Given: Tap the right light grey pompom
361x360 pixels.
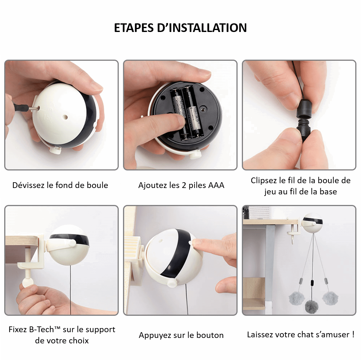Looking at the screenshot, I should pos(330,298).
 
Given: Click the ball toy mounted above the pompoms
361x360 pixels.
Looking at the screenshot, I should pos(313,223).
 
